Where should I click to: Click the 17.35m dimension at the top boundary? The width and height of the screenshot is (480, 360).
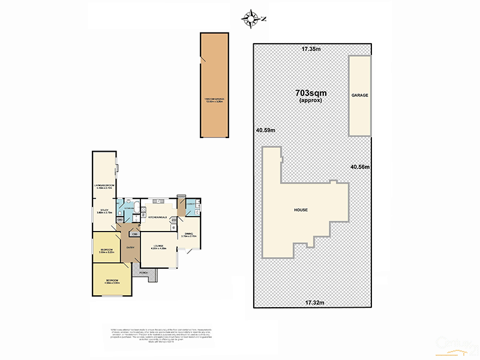coord(311,49)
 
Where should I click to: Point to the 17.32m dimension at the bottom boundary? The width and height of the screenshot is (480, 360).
coord(314,302)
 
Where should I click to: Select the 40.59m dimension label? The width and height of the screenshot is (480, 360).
coord(265,130)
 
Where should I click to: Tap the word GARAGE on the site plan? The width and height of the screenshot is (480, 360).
coord(359,95)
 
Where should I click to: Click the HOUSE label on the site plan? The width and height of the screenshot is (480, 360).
coord(301,210)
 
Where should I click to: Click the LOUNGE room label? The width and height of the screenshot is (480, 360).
coord(158,246)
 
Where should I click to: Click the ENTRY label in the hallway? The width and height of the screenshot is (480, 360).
coord(129,247)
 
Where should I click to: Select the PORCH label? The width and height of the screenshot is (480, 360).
coord(143,273)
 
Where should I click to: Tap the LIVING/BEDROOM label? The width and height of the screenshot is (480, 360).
coord(104,187)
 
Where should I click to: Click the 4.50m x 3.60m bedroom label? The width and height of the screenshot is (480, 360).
coord(113,281)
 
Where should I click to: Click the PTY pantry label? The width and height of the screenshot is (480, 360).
coord(174,220)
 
